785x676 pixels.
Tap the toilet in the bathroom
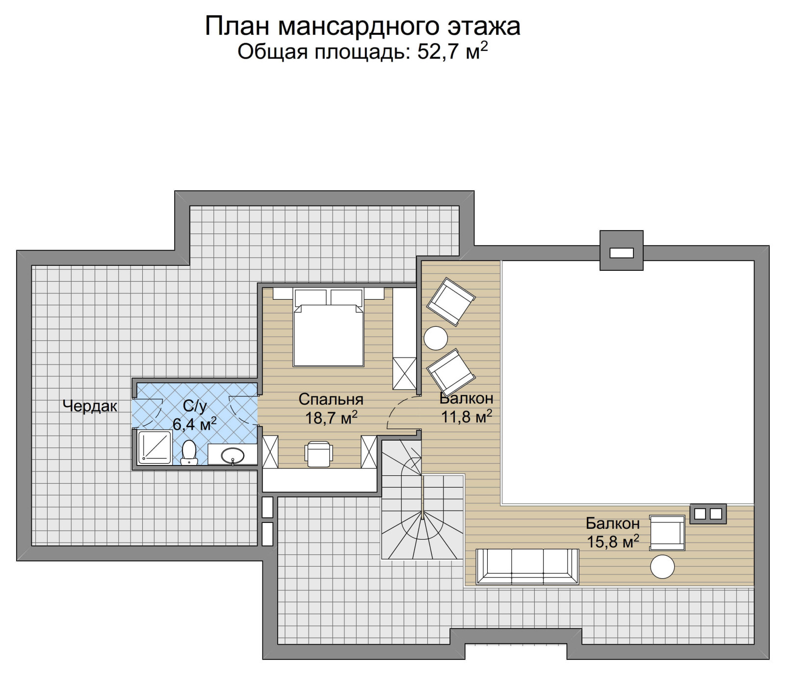coord(189,451)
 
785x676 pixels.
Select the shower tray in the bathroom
coord(155,447)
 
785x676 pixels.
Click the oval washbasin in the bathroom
coord(233,456)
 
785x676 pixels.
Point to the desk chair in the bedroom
coord(318,454)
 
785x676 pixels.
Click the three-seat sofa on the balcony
coord(527,566)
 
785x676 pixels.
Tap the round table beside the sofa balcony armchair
coord(662,567)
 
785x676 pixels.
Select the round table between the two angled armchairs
coord(436,338)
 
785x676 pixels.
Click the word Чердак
coord(90,406)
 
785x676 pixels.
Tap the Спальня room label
coord(331,399)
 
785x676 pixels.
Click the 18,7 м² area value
coord(331,418)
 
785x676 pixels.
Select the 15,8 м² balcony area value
coord(613,542)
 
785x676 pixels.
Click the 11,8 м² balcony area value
coord(466,417)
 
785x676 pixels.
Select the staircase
coord(422,510)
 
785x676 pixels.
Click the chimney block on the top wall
coord(621,251)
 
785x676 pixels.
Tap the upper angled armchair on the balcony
coord(450,302)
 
